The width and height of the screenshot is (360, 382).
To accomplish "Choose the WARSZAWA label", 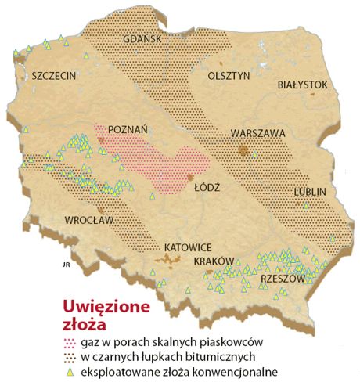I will coord(258,133).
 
